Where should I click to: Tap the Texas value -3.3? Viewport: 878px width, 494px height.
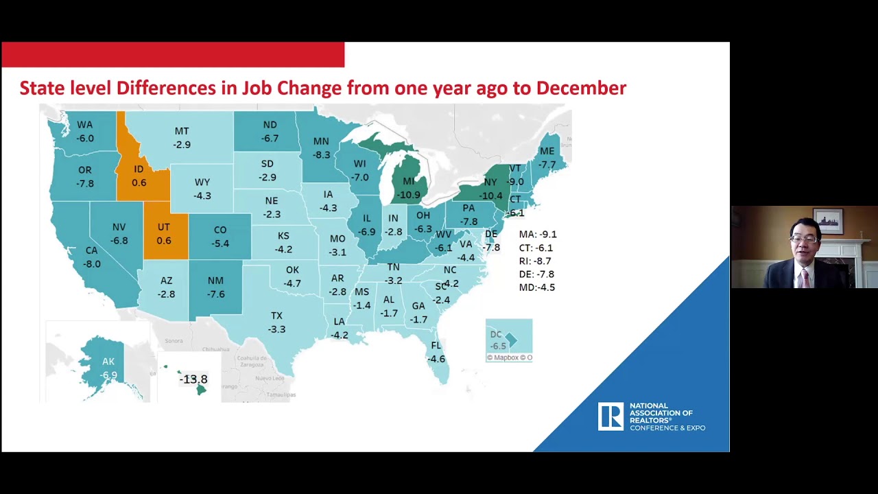coord(276,329)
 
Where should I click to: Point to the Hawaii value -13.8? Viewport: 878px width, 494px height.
coord(193,379)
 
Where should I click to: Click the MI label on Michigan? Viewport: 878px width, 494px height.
coord(409,182)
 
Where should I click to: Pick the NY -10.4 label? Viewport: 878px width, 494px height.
coord(490,189)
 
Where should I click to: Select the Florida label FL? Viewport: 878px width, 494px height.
coord(436,346)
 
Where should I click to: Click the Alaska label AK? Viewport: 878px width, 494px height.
coord(108,362)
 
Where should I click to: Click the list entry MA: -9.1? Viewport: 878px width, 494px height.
coord(537,235)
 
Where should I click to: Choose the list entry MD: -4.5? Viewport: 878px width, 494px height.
coord(536,287)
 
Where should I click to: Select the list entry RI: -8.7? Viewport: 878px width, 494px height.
coord(535,261)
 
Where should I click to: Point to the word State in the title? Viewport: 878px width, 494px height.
coord(43,89)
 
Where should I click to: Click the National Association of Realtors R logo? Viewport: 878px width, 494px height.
coord(610,416)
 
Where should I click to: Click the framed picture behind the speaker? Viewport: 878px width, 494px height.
coord(828,221)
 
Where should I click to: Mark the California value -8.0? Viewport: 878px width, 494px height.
coord(91,264)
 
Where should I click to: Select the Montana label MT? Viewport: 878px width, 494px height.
coord(182,131)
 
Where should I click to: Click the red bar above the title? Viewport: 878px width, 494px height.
coord(173,55)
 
